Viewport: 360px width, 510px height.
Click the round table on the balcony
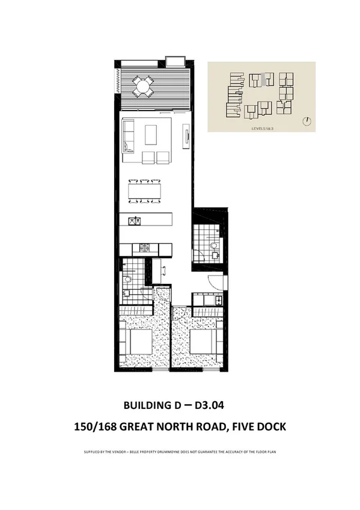coord(143,87)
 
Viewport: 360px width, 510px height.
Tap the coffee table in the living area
coord(150,135)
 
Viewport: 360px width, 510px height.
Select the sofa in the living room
coord(128,137)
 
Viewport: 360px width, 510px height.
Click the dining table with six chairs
coord(145,191)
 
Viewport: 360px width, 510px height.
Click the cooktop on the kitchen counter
coord(145,247)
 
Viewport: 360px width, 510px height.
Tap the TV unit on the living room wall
coord(186,137)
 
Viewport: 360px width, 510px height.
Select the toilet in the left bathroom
coord(127,280)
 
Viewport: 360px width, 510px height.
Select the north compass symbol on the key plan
coord(307,120)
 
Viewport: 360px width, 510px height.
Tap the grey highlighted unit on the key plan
coord(263,78)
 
